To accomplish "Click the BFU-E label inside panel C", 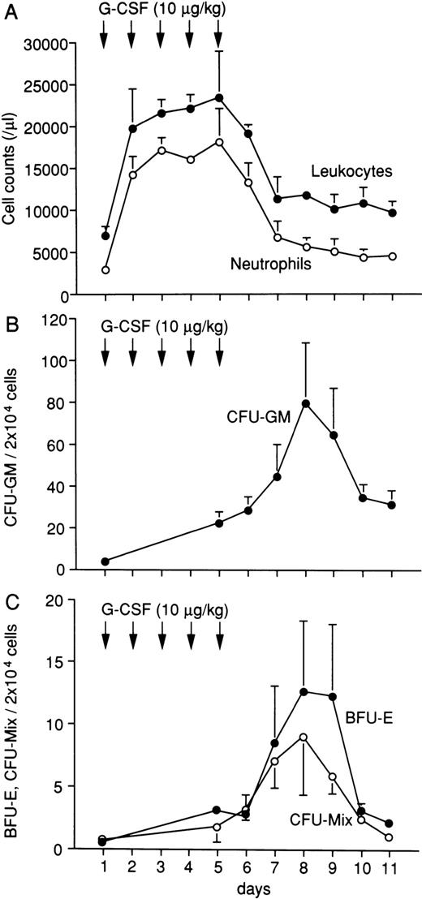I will point(360,717).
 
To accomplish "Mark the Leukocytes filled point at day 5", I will point(219,97).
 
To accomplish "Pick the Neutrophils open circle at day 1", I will point(105,269).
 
